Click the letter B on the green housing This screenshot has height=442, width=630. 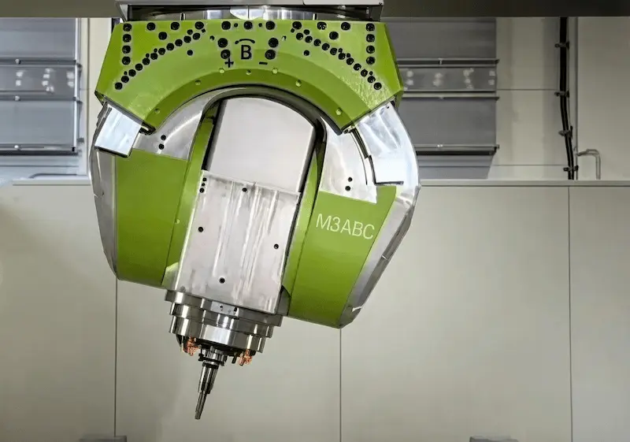tap(246, 53)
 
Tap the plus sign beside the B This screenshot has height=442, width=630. tap(229, 63)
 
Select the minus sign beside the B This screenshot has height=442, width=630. tap(263, 63)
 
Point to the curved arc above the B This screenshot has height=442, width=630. tap(246, 42)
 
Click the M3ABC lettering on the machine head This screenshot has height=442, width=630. tap(345, 228)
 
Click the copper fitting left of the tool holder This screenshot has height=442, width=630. tap(191, 347)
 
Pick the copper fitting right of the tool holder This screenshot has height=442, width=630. tap(245, 357)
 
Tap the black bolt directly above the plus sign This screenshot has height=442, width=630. tap(226, 54)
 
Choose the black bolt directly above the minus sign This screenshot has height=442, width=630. tap(271, 54)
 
